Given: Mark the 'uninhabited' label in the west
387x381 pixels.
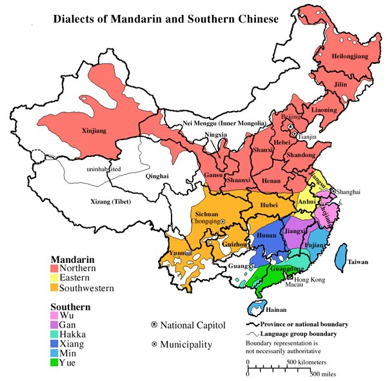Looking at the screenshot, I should pos(103,169).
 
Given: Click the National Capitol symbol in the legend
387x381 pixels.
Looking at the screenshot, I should pos(154,324).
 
